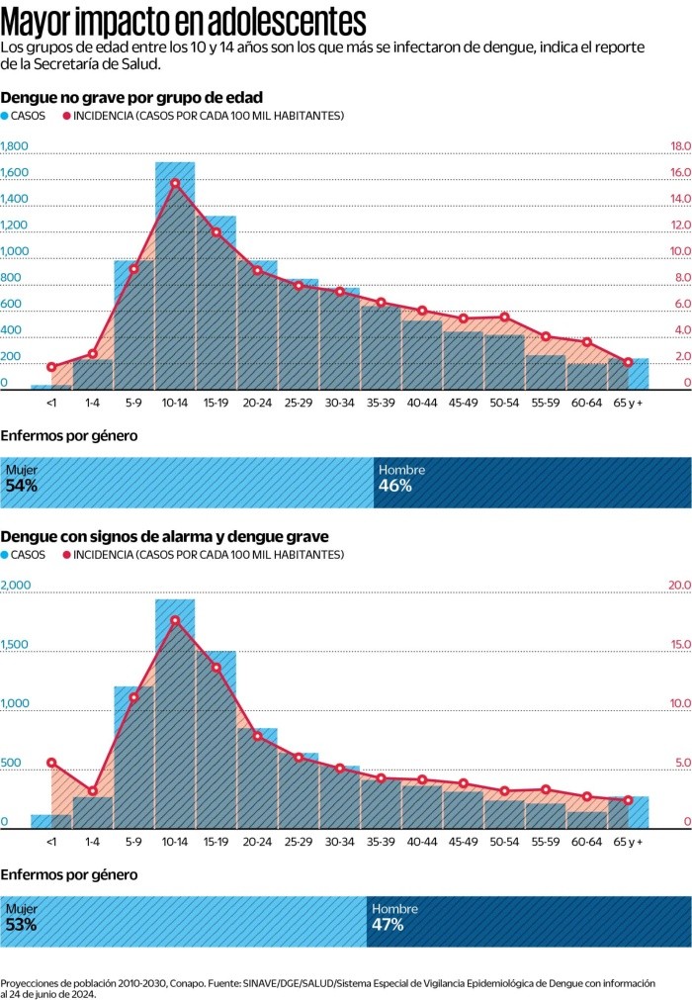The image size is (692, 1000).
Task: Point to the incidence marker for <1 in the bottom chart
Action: click(x=51, y=763)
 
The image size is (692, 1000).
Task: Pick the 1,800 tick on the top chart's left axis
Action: click(x=15, y=146)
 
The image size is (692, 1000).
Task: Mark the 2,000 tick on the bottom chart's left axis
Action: click(x=18, y=586)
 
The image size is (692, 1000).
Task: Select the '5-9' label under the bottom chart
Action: click(x=133, y=842)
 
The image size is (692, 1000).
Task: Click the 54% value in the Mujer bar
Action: click(x=22, y=487)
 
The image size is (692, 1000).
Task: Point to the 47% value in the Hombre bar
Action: click(x=388, y=925)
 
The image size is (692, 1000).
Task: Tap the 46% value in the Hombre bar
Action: click(x=394, y=487)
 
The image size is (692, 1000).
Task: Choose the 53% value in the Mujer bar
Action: click(x=22, y=925)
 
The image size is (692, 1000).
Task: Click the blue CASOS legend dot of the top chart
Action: click(x=5, y=116)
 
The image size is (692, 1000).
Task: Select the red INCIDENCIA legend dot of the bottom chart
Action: click(x=67, y=555)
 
